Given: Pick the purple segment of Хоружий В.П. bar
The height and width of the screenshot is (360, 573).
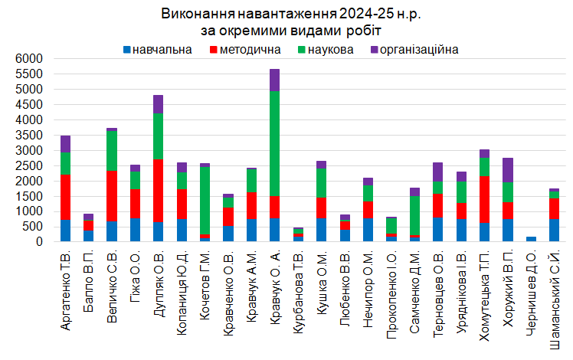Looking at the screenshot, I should pos(507,169).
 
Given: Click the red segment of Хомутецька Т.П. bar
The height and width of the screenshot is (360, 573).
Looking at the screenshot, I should pos(484,199).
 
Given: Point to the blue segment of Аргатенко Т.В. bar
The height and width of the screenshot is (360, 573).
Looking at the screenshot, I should pos(65,231).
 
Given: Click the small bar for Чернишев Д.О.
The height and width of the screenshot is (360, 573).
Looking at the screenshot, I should pos(531,239).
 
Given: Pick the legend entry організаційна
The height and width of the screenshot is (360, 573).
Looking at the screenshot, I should pos(418,51).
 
